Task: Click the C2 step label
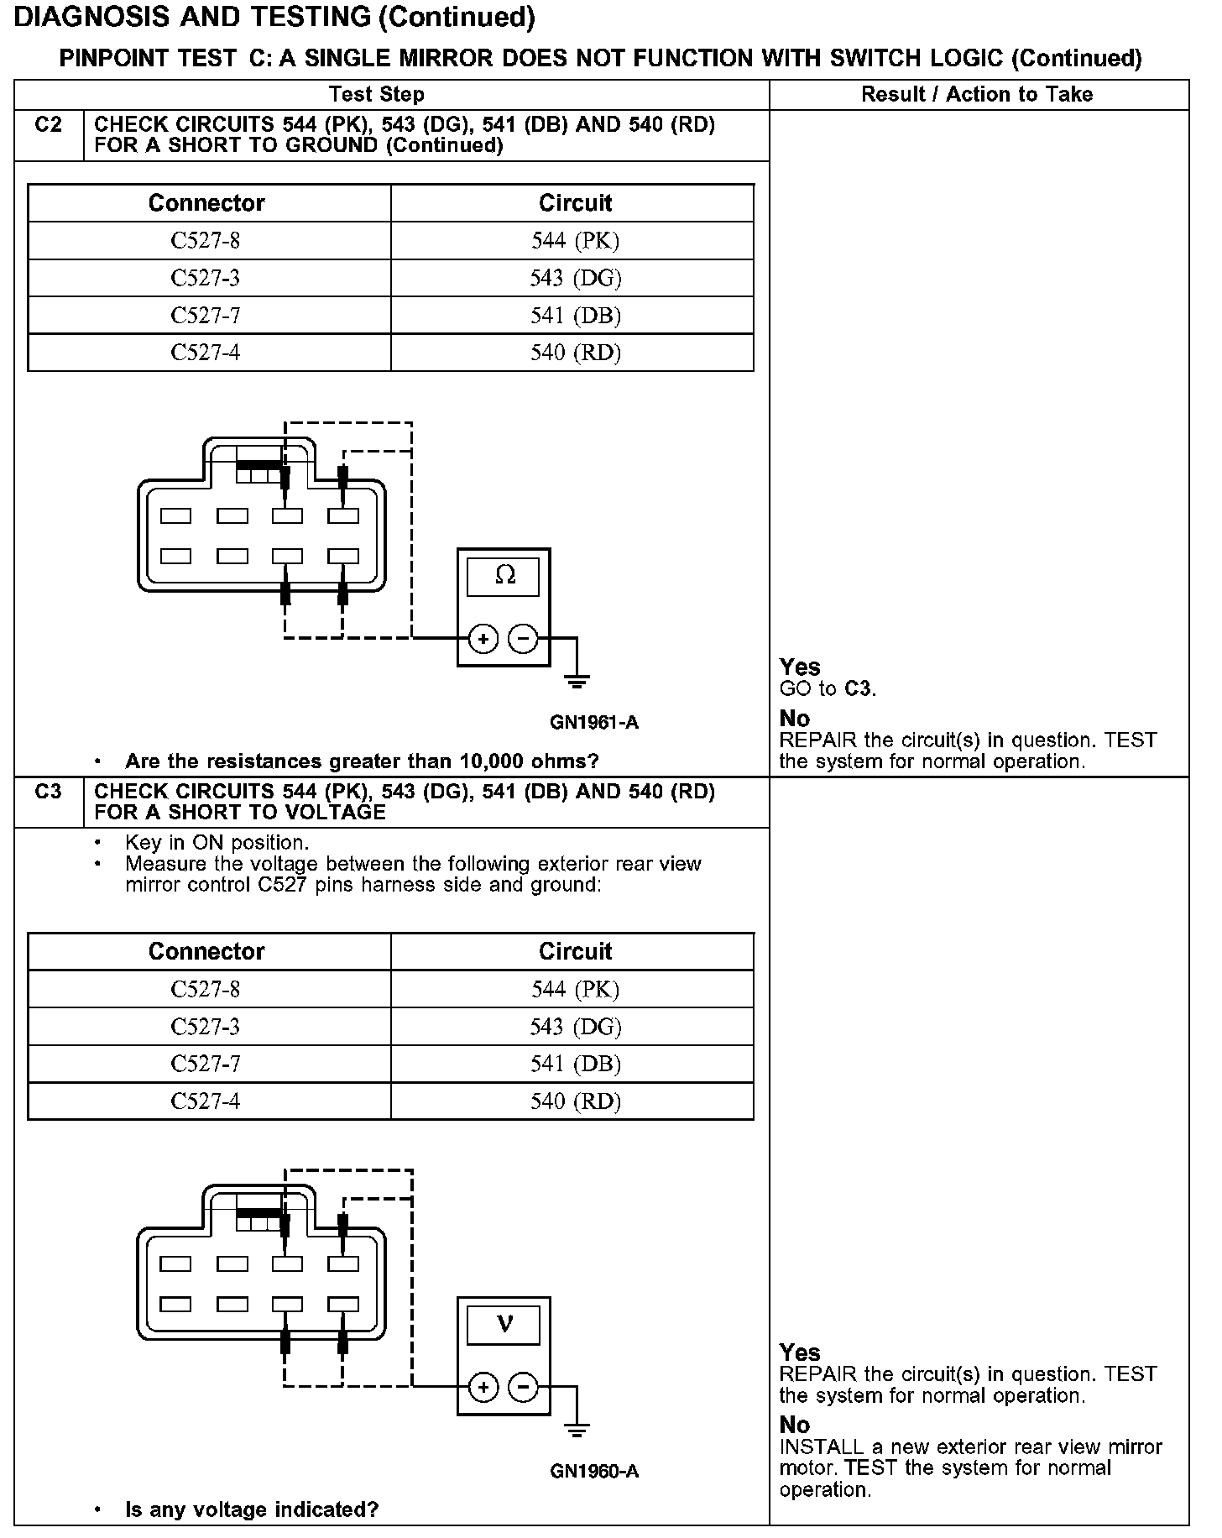click(x=49, y=125)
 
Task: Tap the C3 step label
click(x=49, y=792)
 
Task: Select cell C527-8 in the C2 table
click(x=206, y=241)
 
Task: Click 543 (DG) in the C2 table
click(x=576, y=278)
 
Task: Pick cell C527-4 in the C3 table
click(x=206, y=1101)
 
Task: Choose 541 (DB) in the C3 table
click(x=576, y=1065)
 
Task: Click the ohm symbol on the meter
click(x=504, y=576)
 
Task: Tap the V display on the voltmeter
click(x=504, y=1324)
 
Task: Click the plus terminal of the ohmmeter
click(x=483, y=639)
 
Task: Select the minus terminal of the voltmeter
click(x=524, y=1386)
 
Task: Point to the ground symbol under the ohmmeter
click(x=577, y=681)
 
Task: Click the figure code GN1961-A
click(x=594, y=723)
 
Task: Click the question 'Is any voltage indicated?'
click(x=252, y=1509)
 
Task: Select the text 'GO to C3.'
click(x=828, y=689)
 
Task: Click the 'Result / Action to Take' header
click(x=977, y=95)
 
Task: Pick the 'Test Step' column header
click(x=377, y=95)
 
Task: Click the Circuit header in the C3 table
click(x=576, y=951)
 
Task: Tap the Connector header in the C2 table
click(x=206, y=203)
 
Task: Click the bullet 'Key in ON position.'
click(x=217, y=843)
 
